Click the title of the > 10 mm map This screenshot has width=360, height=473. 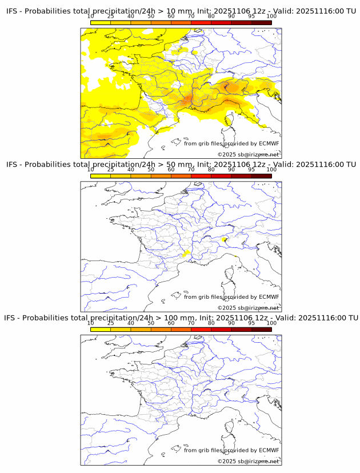click(181, 11)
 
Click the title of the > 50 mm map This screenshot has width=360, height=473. click(181, 165)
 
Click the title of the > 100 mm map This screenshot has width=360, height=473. click(181, 318)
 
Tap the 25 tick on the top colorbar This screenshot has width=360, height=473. click(111, 16)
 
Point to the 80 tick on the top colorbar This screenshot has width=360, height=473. click(211, 16)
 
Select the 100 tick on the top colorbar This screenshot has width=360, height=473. click(271, 16)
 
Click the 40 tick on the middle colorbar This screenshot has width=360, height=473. click(131, 170)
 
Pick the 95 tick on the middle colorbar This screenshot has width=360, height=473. click(251, 170)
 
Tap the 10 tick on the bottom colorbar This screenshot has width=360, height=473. click(91, 323)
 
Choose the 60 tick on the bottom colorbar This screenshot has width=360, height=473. click(171, 323)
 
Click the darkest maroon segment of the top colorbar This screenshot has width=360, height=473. click(261, 23)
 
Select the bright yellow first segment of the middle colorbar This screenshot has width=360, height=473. click(101, 176)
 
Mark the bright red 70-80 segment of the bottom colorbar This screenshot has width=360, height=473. click(201, 329)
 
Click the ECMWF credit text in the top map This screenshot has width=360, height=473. click(231, 143)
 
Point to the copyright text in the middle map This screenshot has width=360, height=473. click(248, 308)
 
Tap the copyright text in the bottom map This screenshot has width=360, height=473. click(248, 461)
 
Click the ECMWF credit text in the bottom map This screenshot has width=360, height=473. click(231, 450)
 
